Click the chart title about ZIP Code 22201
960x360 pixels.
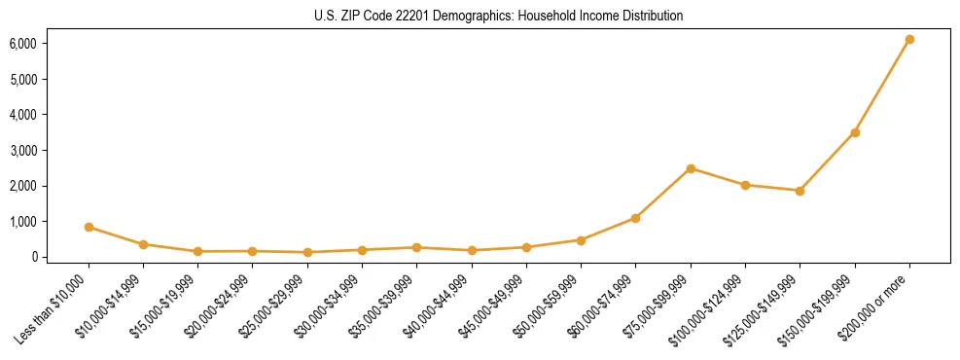coord(499,17)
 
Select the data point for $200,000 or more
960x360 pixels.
coord(909,40)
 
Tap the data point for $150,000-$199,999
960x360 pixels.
coord(855,132)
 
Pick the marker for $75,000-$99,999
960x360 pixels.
coord(691,168)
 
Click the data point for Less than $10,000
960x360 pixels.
coord(89,227)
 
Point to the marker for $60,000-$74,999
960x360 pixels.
coord(635,218)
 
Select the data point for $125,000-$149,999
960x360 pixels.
coord(800,191)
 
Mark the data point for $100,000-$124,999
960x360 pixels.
coord(745,185)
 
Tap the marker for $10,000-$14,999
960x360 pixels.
coord(143,244)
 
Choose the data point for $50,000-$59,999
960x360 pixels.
coord(581,239)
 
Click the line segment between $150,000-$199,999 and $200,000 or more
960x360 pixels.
coord(882,87)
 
